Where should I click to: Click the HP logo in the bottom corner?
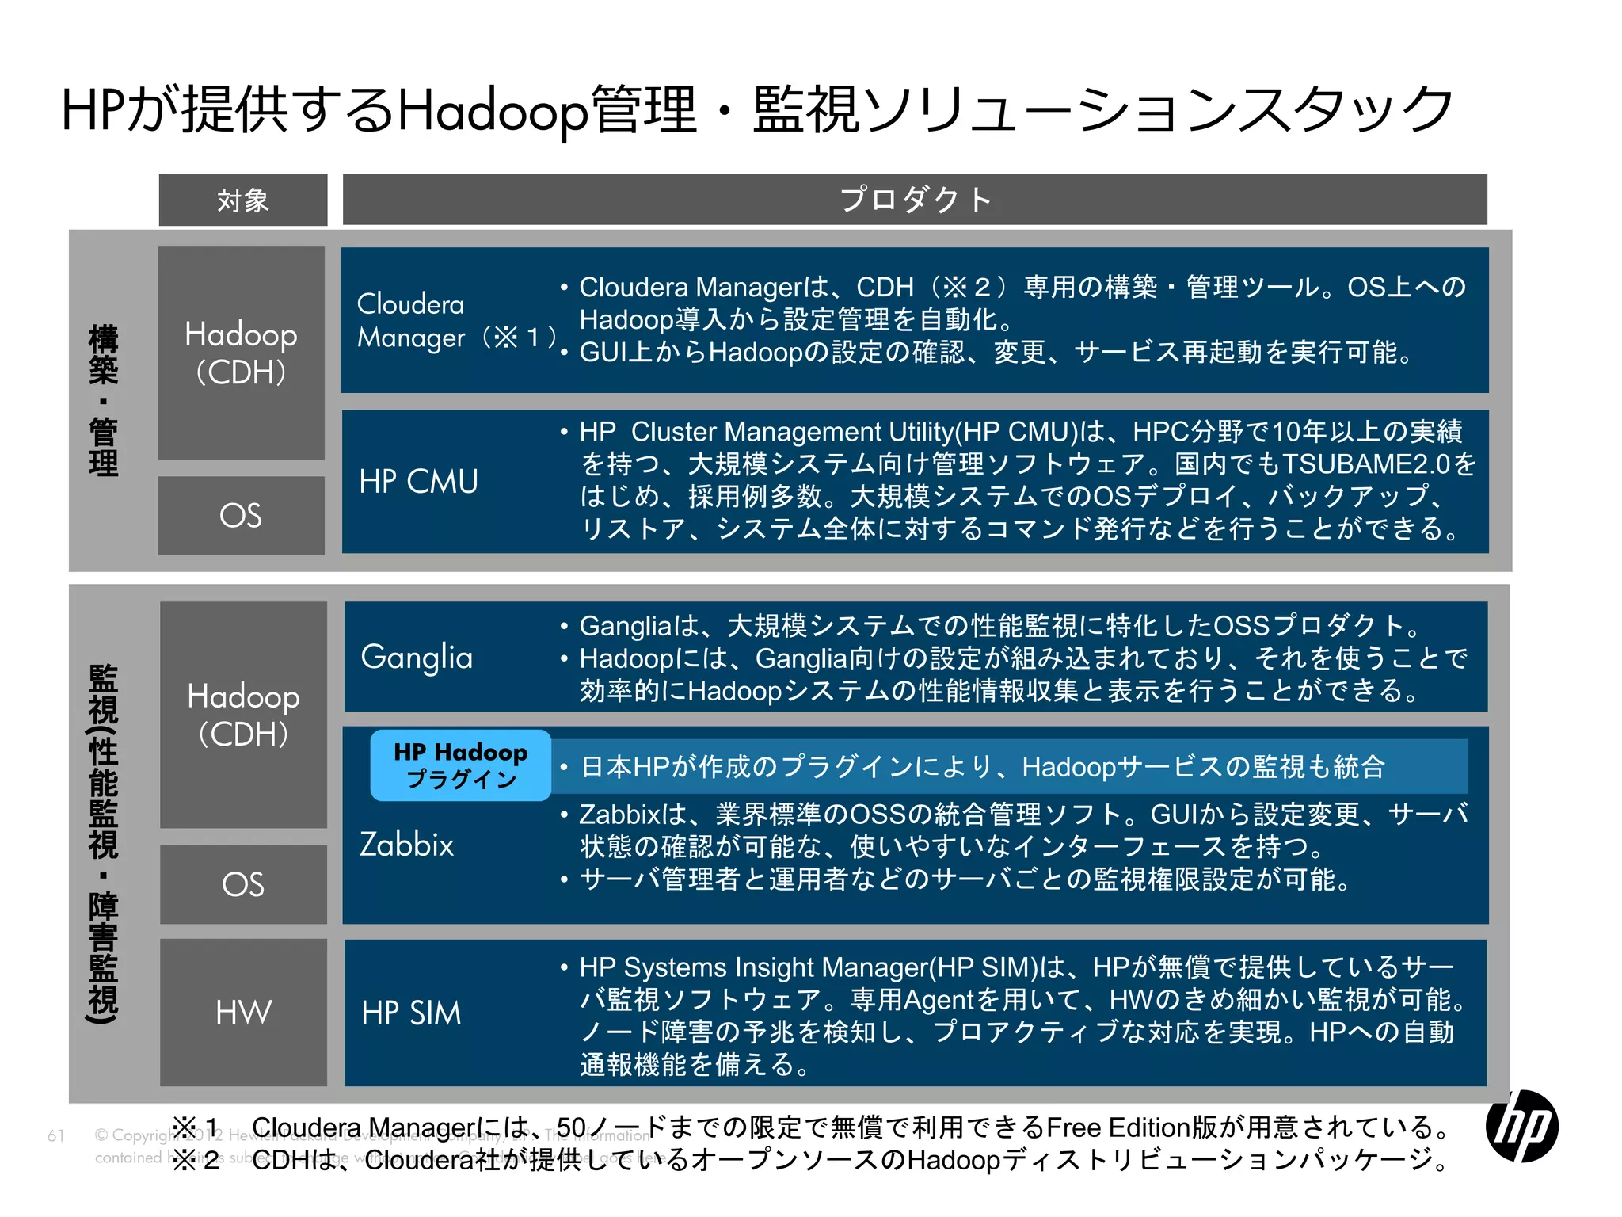click(x=1521, y=1126)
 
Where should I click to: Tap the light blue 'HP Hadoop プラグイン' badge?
click(x=460, y=765)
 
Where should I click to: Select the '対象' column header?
click(x=243, y=200)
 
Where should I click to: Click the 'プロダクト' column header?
click(x=915, y=200)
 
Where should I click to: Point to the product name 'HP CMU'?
click(x=418, y=482)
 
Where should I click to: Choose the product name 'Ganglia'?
click(x=417, y=658)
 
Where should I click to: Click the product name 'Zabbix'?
click(x=407, y=845)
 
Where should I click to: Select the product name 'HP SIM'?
click(x=411, y=1013)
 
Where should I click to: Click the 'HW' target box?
click(x=243, y=1012)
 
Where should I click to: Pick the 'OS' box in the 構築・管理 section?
click(x=241, y=516)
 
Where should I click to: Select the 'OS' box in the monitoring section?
click(x=243, y=884)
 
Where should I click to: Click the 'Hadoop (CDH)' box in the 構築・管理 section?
click(x=241, y=353)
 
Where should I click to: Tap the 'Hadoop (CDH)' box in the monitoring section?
click(x=243, y=715)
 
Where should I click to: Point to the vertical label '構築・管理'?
click(x=104, y=400)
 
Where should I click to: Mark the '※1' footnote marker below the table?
click(x=196, y=1127)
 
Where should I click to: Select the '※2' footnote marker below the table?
click(x=196, y=1160)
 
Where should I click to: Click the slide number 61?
click(x=55, y=1135)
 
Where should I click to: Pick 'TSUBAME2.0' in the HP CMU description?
click(x=1367, y=464)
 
